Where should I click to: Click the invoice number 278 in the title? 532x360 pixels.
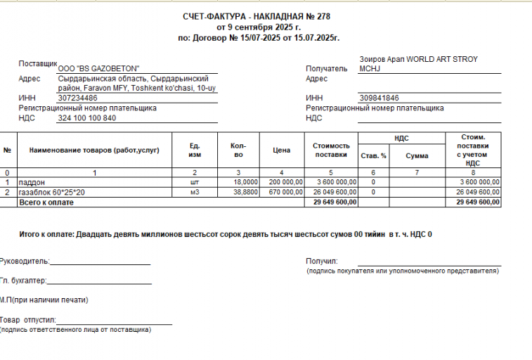(x=322, y=16)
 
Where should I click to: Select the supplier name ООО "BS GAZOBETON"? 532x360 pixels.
(x=98, y=67)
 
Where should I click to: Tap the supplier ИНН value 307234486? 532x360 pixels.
(x=77, y=98)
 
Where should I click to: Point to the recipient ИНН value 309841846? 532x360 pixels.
(x=379, y=98)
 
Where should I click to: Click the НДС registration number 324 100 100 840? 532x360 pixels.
(x=86, y=117)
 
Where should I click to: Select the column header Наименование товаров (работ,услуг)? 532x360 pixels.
(x=93, y=150)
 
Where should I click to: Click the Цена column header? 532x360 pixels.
(x=281, y=150)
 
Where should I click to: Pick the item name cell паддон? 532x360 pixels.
(x=31, y=182)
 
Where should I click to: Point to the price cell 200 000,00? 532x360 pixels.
(x=285, y=182)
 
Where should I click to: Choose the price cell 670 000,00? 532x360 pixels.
(x=285, y=192)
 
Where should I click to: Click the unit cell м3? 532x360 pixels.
(x=195, y=192)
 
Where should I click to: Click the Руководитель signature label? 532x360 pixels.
(x=24, y=261)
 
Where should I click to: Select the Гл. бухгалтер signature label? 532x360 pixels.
(x=23, y=281)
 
